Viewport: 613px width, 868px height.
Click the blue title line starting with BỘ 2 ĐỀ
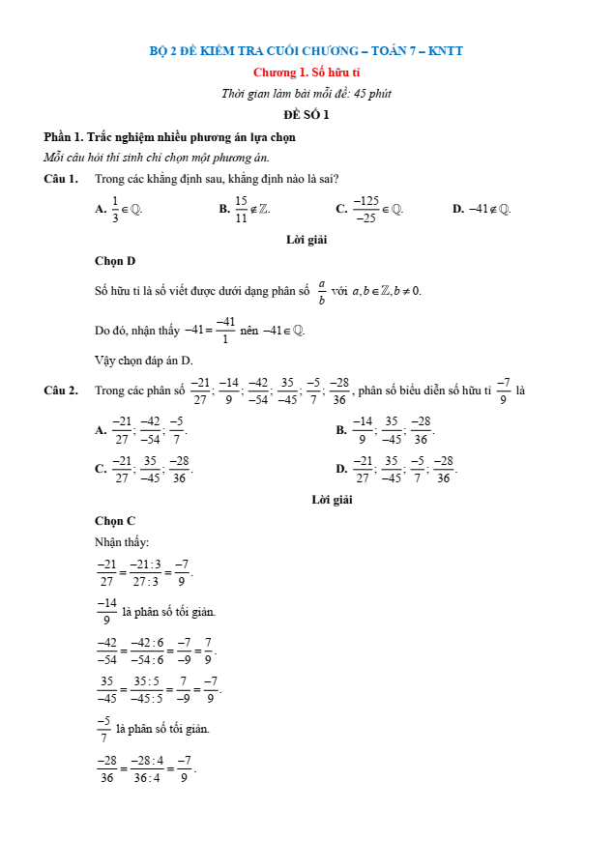coord(306,51)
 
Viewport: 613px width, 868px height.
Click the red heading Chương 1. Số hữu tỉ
coord(306,72)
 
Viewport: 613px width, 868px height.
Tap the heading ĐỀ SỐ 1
coord(306,115)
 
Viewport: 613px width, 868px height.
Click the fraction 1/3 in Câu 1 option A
coord(115,208)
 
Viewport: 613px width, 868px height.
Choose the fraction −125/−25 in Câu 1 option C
coord(365,208)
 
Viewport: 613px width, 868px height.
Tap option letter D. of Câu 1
coord(458,208)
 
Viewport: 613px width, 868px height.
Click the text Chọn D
coord(115,261)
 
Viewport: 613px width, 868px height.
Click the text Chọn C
coord(115,521)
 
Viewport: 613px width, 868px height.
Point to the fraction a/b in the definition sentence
coord(322,291)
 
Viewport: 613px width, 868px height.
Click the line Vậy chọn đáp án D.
coord(144,360)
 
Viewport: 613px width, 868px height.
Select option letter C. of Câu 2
coord(101,469)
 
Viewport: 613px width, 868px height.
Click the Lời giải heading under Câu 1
coord(306,240)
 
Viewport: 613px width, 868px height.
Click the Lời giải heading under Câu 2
coord(332,500)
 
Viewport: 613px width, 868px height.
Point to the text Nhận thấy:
coord(122,541)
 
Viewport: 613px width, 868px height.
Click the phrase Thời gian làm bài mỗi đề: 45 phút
coord(306,94)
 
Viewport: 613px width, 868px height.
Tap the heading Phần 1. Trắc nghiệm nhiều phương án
coord(169,137)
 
